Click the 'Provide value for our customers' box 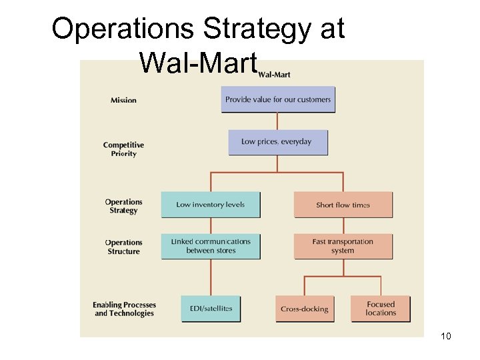[277, 99]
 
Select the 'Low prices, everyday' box [277, 142]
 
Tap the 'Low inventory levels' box [210, 205]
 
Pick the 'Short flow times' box [343, 205]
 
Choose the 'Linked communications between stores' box [210, 246]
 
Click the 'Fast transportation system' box [343, 246]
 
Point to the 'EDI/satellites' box [210, 309]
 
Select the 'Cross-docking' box [304, 309]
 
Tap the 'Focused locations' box [381, 309]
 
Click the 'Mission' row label [123, 101]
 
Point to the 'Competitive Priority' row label [123, 149]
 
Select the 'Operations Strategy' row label [123, 206]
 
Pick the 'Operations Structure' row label [123, 247]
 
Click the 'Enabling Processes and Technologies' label [124, 309]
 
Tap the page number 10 [446, 336]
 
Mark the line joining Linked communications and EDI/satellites [211, 277]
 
